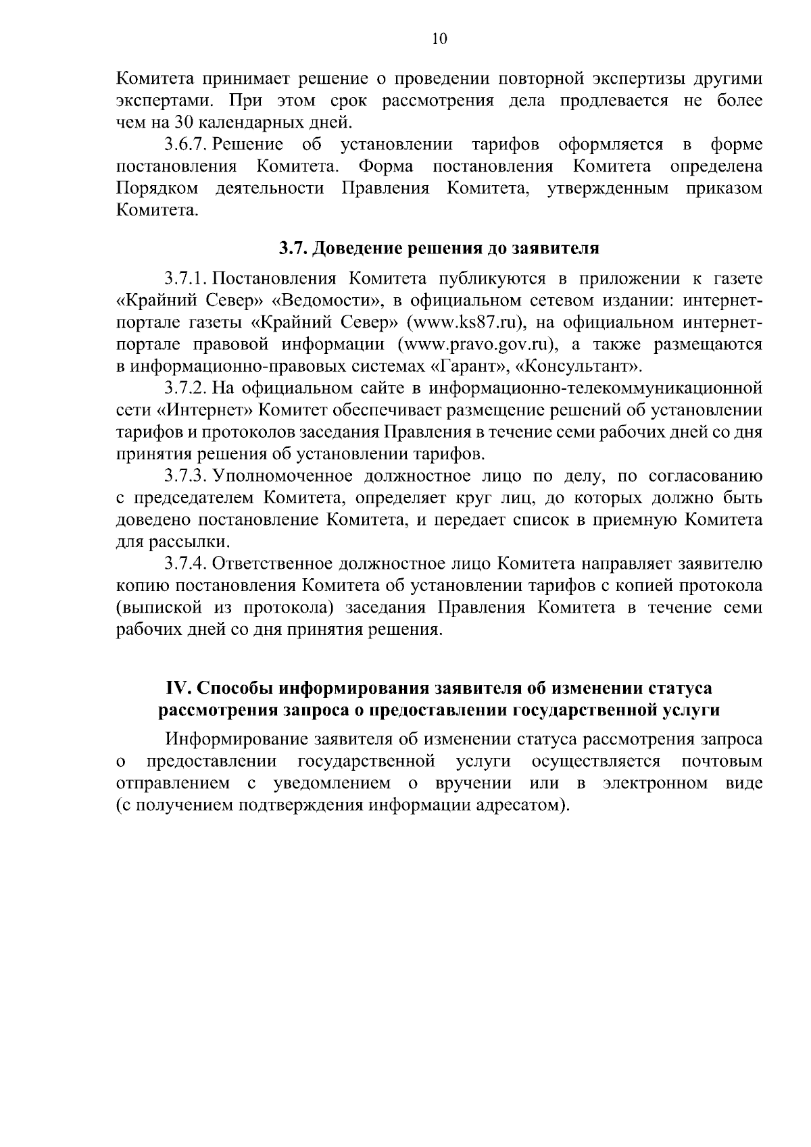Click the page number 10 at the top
click(439, 39)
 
